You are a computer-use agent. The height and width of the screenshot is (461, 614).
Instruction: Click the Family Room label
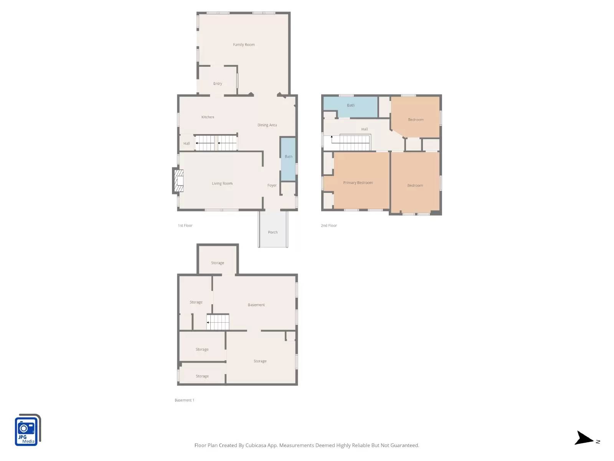[244, 45]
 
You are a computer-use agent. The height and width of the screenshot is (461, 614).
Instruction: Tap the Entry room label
[218, 84]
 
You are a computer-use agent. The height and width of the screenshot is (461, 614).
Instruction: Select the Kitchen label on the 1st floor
[208, 117]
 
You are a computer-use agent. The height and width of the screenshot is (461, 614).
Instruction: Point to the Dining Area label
[267, 125]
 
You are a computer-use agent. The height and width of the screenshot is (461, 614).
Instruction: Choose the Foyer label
[272, 186]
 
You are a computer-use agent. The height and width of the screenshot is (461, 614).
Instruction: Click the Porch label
[272, 232]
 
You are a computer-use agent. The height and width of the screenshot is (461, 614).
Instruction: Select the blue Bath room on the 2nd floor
[350, 106]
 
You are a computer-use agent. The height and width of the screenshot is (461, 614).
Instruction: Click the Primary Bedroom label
[358, 183]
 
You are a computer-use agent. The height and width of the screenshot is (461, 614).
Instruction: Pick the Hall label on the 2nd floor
[364, 129]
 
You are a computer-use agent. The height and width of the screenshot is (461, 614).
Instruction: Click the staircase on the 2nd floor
[355, 143]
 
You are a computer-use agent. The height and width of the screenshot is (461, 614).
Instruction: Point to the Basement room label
[256, 305]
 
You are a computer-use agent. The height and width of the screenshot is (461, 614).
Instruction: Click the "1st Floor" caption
[185, 226]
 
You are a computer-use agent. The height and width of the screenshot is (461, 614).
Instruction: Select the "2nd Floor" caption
[329, 226]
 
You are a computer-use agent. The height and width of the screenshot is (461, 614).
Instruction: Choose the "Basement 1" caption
[184, 400]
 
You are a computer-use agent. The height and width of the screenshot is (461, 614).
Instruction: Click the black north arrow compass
[584, 438]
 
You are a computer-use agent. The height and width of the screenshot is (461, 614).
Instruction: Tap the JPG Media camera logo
[27, 430]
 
